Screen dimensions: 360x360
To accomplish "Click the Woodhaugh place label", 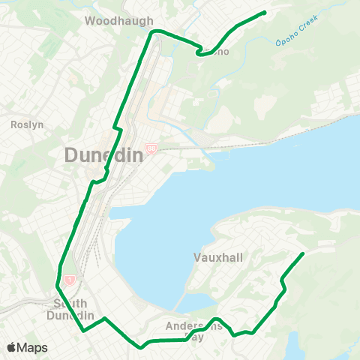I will (119, 21).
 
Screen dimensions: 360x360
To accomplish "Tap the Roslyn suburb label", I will (23, 125).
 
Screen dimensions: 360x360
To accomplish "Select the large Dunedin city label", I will (99, 156).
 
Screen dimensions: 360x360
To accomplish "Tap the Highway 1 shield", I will (69, 280).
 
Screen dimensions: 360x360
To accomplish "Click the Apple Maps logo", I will (27, 347).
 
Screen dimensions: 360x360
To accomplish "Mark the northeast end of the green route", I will (265, 12).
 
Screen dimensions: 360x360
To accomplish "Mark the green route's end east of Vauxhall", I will (302, 253).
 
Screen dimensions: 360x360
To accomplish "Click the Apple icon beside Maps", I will (11, 347).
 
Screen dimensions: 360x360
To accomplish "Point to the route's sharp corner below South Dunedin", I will (84, 329).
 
